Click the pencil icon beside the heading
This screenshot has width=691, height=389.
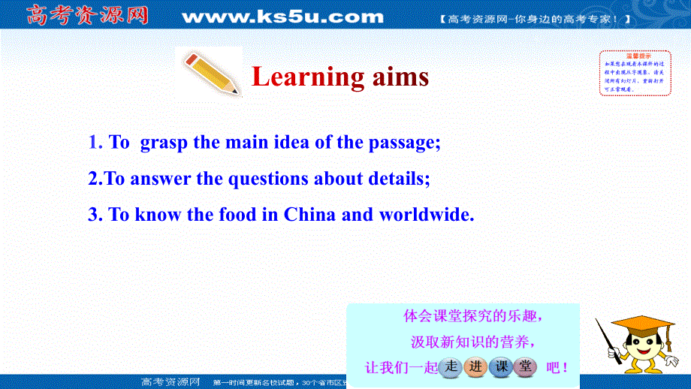210,74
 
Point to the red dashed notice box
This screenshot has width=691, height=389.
635,73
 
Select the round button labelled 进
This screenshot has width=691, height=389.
477,367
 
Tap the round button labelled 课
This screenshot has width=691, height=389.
502,367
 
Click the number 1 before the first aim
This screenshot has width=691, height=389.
93,143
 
